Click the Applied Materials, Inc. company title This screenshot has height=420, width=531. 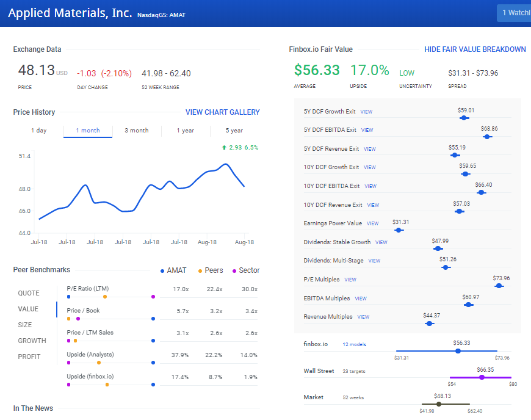(70, 13)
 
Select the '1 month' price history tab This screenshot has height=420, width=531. (88, 131)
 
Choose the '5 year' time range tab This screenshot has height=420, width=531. (234, 131)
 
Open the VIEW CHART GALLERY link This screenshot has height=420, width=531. (222, 112)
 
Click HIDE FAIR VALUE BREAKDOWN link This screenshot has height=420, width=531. (475, 49)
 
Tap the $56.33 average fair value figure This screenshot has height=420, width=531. (317, 71)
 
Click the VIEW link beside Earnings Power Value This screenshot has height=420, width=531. (372, 223)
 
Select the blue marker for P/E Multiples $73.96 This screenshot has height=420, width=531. (499, 286)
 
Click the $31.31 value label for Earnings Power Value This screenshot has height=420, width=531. (400, 222)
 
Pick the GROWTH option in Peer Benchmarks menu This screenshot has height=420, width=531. (32, 341)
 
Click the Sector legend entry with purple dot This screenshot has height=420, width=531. (245, 270)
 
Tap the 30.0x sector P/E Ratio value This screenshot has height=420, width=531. (248, 289)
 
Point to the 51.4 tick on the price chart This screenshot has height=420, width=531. (24, 156)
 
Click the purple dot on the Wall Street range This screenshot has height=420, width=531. (482, 377)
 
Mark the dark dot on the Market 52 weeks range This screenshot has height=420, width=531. (438, 404)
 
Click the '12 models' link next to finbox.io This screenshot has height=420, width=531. (354, 344)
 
